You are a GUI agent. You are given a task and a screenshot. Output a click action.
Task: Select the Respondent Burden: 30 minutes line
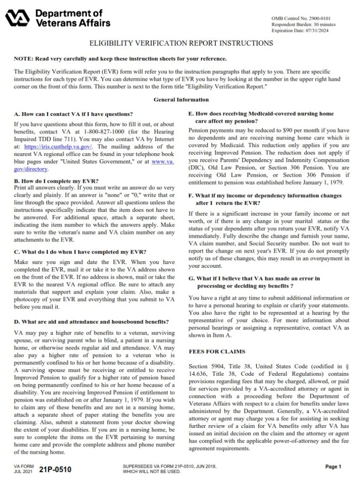click(x=303, y=24)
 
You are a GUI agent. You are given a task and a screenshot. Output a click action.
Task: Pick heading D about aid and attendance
click(x=92, y=322)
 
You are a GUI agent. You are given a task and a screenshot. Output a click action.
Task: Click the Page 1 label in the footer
click(x=333, y=466)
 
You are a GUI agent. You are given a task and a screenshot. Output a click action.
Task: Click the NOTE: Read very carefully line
click(x=120, y=59)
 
